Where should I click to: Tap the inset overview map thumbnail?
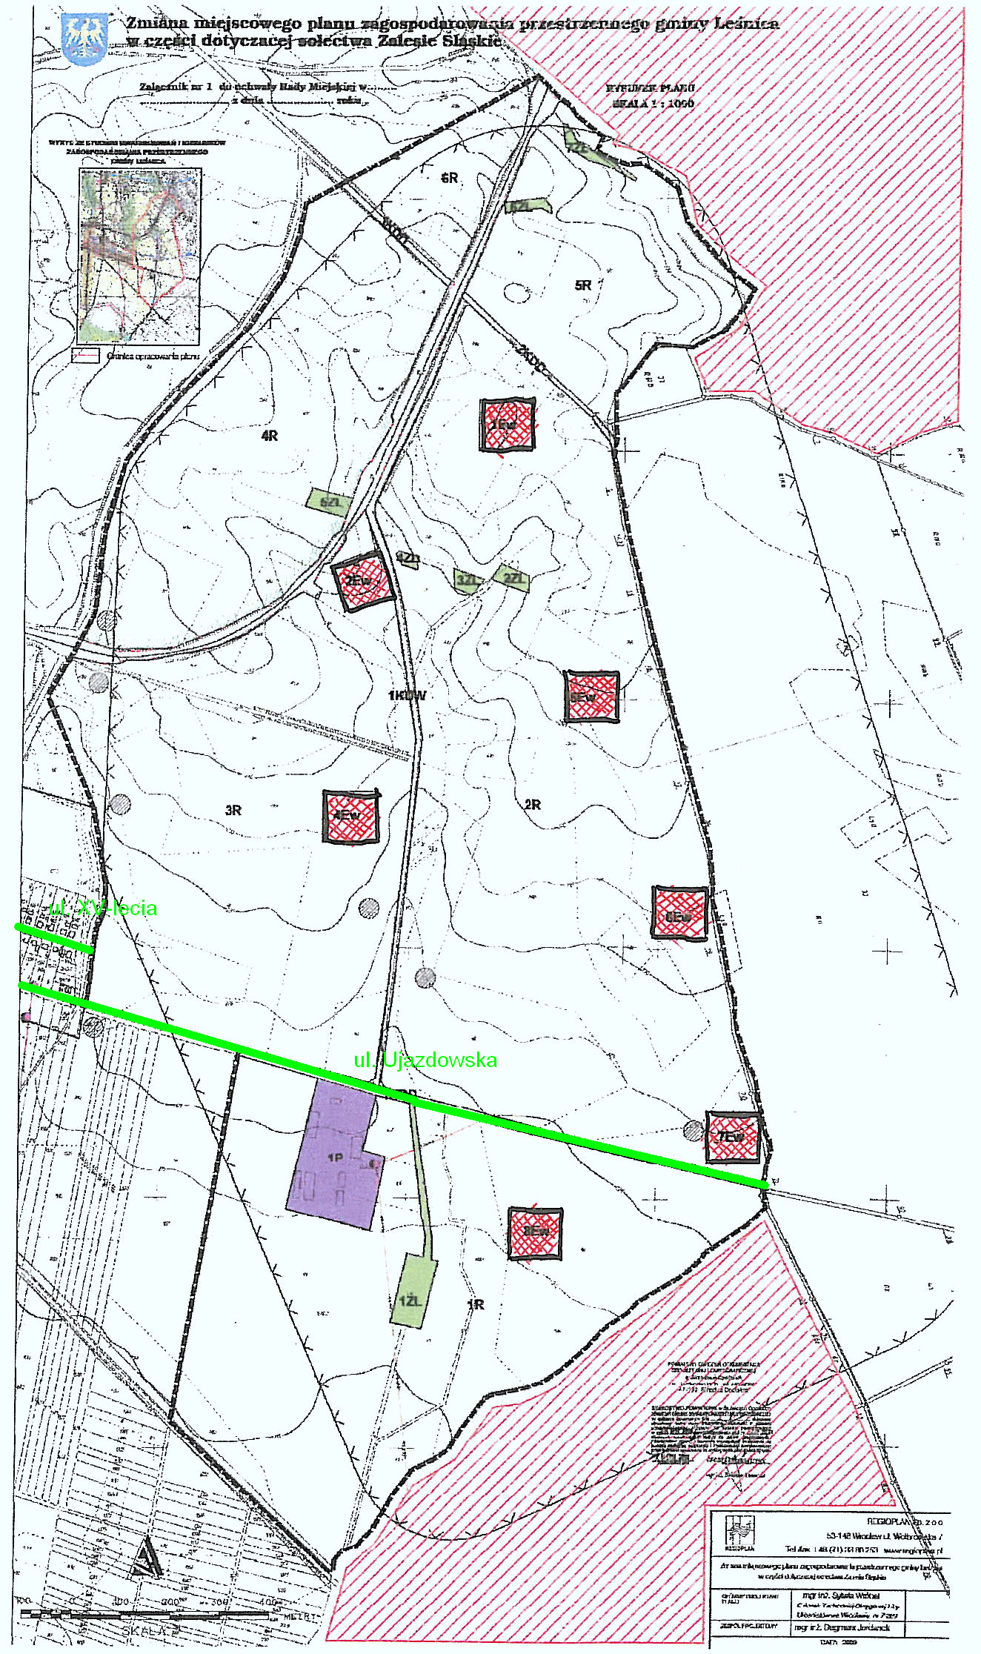point(139,256)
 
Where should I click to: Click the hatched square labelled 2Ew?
point(362,581)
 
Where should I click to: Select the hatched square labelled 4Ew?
point(350,816)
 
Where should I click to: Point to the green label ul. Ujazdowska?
point(425,1060)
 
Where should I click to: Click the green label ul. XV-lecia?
point(103,909)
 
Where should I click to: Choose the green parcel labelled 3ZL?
point(467,580)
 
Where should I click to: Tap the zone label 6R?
point(450,178)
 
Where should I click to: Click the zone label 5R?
point(583,285)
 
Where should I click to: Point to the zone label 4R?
point(270,436)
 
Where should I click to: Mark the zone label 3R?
point(233,811)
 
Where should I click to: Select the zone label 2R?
point(533,805)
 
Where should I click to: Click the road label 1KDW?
point(407,695)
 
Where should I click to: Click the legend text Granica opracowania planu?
point(153,356)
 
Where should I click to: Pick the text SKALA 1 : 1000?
point(653,104)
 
